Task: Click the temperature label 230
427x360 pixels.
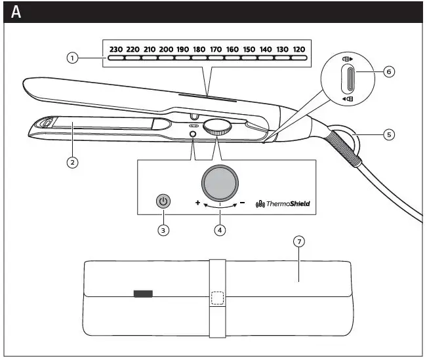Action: pyautogui.click(x=116, y=49)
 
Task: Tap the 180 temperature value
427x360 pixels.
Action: pyautogui.click(x=199, y=49)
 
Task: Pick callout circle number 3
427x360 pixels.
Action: pyautogui.click(x=163, y=230)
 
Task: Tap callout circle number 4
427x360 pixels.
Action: pyautogui.click(x=221, y=230)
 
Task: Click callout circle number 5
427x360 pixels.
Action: pyautogui.click(x=389, y=134)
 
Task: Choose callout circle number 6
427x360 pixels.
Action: pyautogui.click(x=389, y=72)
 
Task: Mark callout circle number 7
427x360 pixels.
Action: pyautogui.click(x=299, y=241)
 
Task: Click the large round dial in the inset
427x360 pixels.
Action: pyautogui.click(x=221, y=182)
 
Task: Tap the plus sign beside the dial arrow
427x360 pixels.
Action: pyautogui.click(x=197, y=203)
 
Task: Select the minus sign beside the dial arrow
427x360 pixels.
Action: pyautogui.click(x=242, y=203)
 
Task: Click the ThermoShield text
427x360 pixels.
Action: pyautogui.click(x=286, y=204)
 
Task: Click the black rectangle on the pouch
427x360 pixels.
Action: pyautogui.click(x=142, y=294)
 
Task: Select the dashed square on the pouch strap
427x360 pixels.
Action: pyautogui.click(x=218, y=298)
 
